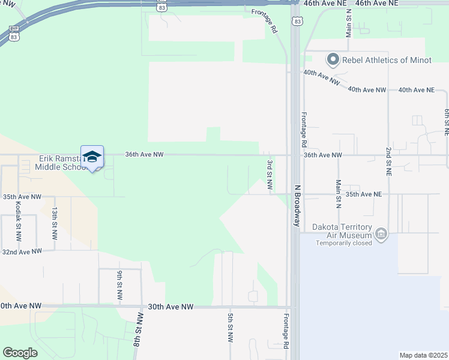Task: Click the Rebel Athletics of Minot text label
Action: (x=387, y=60)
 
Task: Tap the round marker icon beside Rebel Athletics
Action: (x=333, y=59)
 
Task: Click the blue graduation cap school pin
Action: (x=92, y=157)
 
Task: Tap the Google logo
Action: (x=20, y=353)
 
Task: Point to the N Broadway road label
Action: (x=296, y=205)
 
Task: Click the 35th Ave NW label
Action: (x=22, y=196)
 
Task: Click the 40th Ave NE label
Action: (x=417, y=90)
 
